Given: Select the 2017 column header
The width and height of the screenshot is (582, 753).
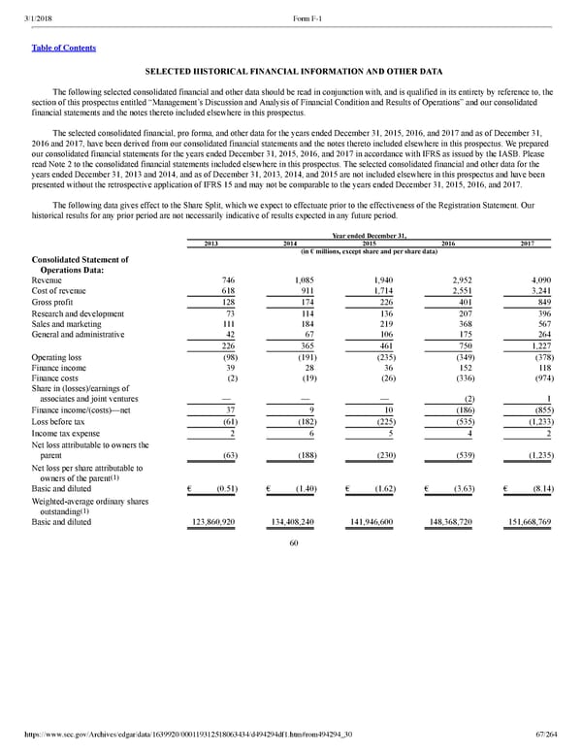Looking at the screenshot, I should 527,243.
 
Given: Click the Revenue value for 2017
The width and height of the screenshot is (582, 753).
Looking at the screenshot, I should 537,279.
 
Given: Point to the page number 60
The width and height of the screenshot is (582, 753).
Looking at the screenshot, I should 292,543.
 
